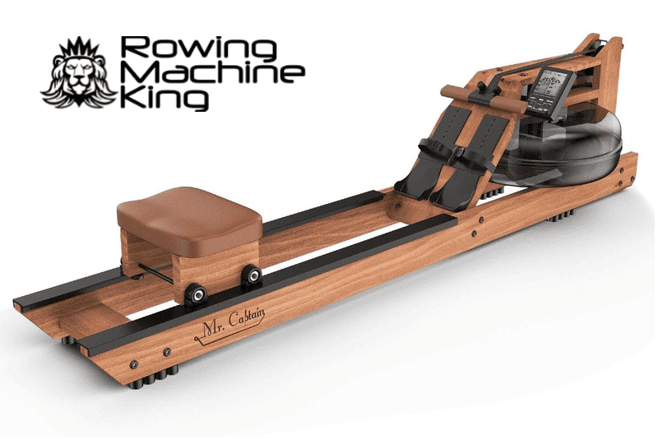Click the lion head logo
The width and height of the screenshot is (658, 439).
(78, 72)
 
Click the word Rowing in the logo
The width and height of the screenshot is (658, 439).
(198, 48)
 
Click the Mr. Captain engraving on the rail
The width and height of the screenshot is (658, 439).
(230, 324)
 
